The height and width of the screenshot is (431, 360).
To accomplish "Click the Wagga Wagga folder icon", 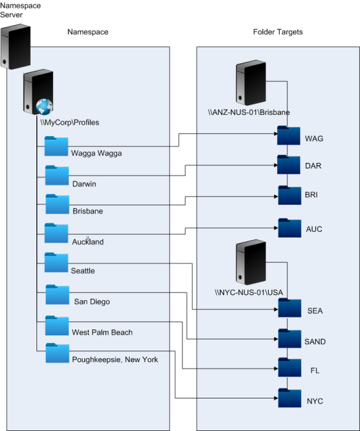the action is pos(56,146).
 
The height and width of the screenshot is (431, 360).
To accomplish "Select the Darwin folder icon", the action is pos(57,175).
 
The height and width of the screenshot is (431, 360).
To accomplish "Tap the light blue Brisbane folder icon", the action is pos(57,204).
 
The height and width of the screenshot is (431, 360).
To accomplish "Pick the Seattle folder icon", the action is pos(56,262).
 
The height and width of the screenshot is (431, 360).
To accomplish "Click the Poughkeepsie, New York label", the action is pos(115,359).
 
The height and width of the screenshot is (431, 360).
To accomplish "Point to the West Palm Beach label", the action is pos(102,332).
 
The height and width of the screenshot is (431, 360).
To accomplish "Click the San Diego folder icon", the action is pos(57,294).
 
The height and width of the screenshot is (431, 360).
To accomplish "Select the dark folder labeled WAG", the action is pos(289,135).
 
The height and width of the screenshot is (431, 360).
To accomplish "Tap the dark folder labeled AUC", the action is pos(290,228).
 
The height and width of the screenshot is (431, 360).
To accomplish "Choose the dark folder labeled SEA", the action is pos(290,308).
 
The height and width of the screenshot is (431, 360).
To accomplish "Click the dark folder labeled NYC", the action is pos(290,398).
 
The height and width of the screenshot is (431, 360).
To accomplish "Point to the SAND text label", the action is pos(315,342).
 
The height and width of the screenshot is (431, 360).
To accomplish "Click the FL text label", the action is pos(315,370).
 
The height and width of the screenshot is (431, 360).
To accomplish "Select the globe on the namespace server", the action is pos(44,107).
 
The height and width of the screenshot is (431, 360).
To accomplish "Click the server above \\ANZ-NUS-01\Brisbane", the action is pos(251,82).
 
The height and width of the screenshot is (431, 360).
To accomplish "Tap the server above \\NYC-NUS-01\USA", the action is pos(251,262).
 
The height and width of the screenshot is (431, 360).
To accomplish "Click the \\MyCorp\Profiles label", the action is pos(70,123).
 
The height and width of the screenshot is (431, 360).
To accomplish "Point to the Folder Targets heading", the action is pos(278,32).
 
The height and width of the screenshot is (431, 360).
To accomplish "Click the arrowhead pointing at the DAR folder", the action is pos(276,165).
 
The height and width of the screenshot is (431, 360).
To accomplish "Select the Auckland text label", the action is pos(88,241).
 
